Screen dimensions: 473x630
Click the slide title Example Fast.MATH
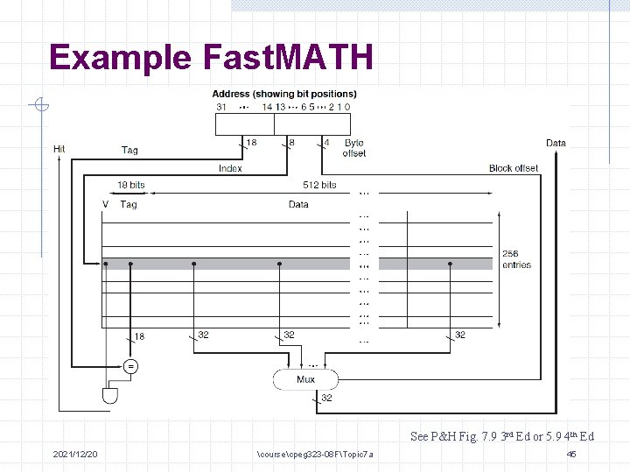211,58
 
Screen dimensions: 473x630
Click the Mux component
305,379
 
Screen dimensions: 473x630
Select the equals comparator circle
130,367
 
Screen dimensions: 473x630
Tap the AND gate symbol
109,395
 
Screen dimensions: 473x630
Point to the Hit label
59,149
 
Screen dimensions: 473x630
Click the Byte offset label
354,148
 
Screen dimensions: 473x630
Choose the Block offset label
514,168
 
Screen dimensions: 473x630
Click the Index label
230,168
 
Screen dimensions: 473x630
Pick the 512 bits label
319,185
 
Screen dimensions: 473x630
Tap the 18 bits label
131,185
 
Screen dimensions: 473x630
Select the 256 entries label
516,259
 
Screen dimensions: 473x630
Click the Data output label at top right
556,143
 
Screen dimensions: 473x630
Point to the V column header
106,204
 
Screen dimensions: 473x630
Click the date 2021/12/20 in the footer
75,454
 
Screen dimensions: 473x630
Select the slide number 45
571,454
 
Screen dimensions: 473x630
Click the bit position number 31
221,107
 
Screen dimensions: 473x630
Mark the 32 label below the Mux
326,398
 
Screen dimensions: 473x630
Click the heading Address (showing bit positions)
284,94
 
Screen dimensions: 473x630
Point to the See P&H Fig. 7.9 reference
502,436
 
